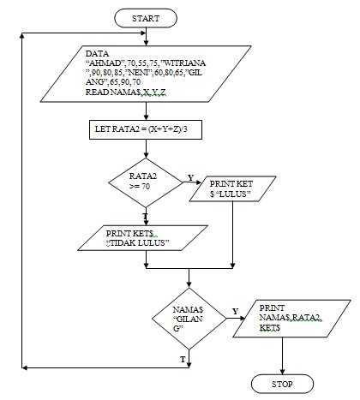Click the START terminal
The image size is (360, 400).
(x=147, y=16)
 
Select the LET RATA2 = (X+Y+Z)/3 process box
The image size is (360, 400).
(x=147, y=131)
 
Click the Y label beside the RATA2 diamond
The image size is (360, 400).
(x=189, y=176)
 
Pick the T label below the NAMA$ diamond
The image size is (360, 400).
(x=182, y=357)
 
